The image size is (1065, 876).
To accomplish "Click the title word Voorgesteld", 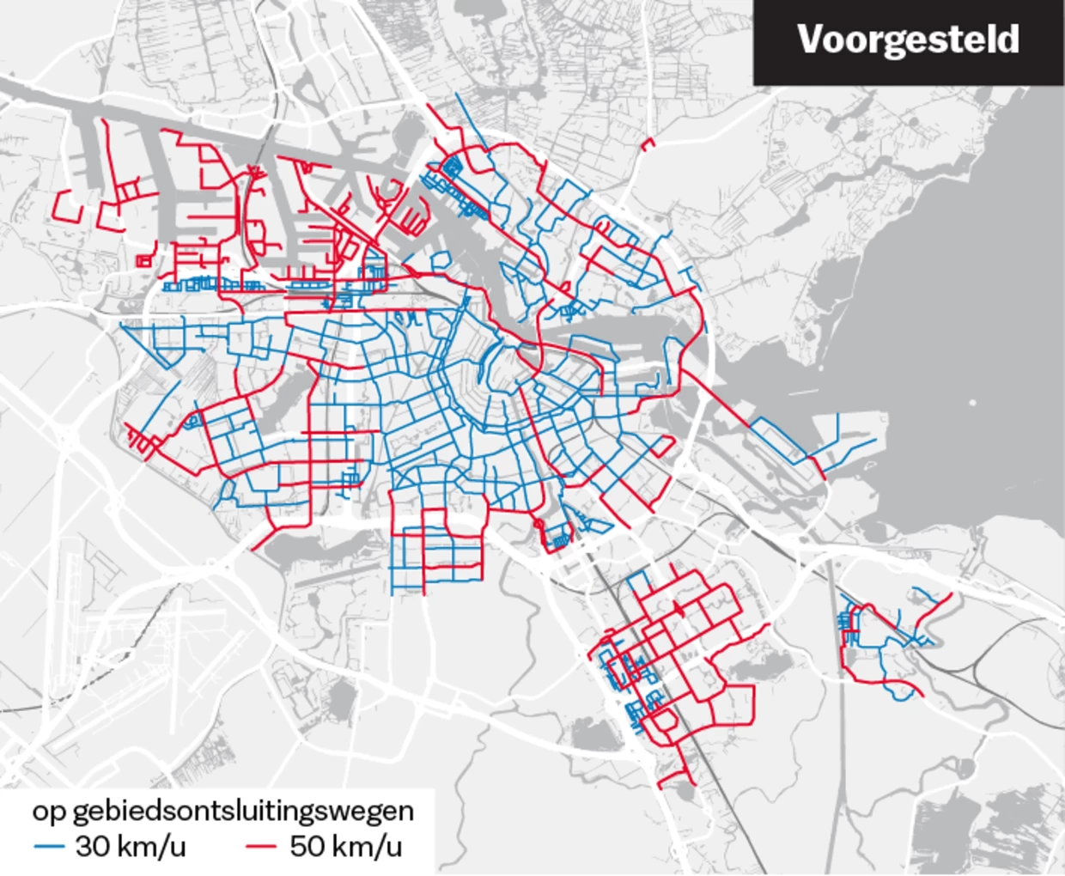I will [908, 40].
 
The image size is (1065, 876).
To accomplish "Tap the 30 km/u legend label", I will [130, 846].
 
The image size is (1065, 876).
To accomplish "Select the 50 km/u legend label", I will [345, 846].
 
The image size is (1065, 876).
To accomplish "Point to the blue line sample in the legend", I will [49, 847].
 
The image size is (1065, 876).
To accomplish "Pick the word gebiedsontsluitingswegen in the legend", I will [243, 810].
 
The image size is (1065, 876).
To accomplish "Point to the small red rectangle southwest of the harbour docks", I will [143, 259].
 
